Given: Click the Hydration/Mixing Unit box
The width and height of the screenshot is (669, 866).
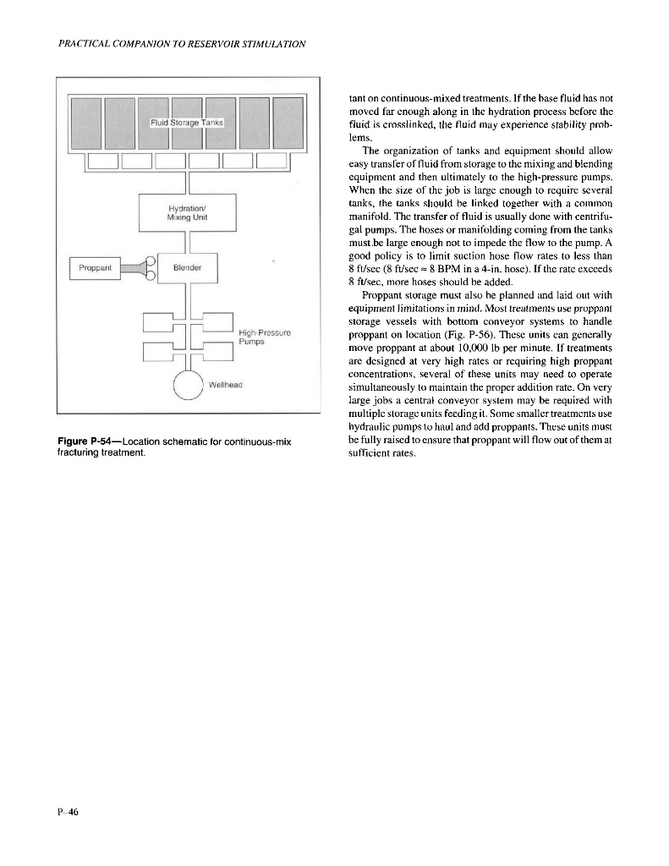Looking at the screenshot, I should point(187,211).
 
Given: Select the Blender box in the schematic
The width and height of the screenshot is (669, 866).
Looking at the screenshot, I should point(187,268).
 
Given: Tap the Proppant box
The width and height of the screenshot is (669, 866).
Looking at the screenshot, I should point(96,268).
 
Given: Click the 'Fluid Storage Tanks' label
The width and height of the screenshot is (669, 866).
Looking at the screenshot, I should point(187,123).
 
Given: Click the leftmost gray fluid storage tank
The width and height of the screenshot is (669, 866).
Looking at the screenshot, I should point(85,123).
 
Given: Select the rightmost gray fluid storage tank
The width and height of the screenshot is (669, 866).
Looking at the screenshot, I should point(288,123).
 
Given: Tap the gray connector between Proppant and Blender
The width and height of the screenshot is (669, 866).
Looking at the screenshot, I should point(135,268).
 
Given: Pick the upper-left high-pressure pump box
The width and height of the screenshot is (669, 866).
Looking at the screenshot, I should point(159,322).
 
